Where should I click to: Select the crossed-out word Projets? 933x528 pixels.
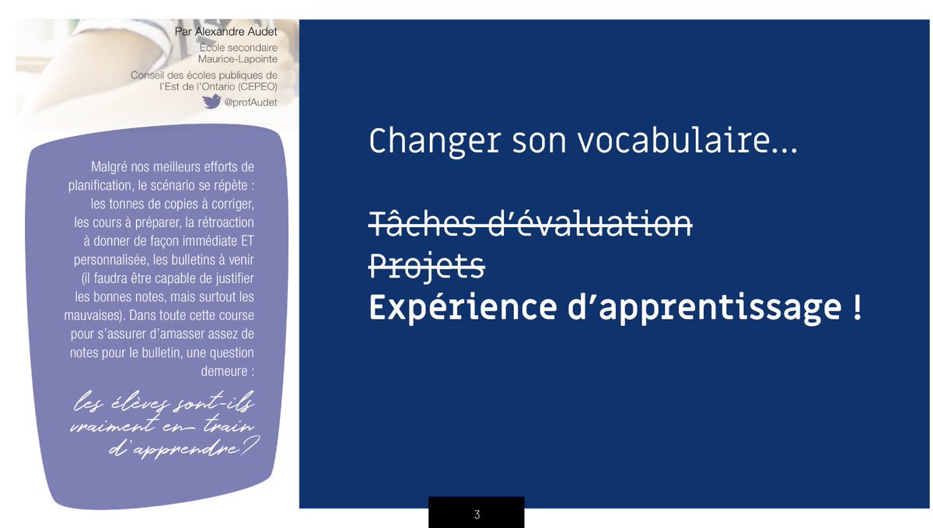[x=426, y=267]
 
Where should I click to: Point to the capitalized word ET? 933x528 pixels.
[x=245, y=241]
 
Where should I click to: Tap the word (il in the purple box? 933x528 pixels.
[x=100, y=278]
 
